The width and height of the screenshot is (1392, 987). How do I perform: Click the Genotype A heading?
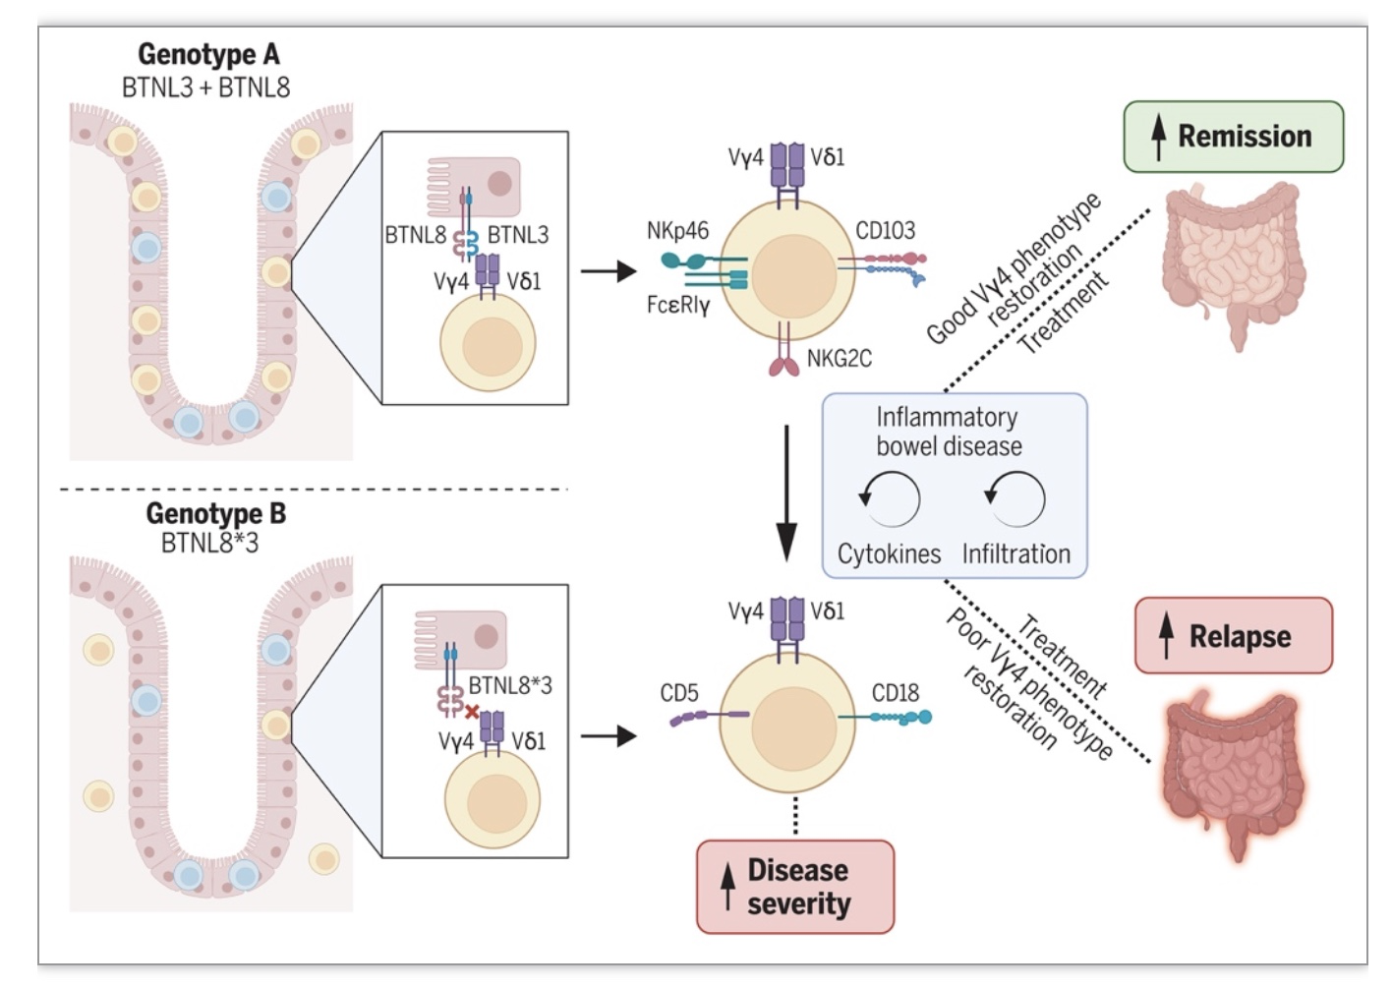208,55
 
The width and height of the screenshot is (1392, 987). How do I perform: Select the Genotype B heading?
216,513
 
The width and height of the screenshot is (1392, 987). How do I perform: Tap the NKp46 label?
677,231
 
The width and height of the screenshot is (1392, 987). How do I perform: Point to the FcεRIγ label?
678,305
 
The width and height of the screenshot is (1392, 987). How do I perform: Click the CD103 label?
885,231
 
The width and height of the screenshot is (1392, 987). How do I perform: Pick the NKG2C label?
840,359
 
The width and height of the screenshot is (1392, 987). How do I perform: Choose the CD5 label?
679,692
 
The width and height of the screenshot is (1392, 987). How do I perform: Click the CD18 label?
895,692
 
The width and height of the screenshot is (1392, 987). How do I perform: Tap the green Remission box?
1234,137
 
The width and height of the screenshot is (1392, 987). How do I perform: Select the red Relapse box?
1234,635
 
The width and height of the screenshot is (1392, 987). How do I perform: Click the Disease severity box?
795,887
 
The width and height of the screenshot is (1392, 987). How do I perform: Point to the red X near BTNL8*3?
472,713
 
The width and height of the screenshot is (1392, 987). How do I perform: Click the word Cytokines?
890,553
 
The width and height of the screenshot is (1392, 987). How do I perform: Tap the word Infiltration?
1016,553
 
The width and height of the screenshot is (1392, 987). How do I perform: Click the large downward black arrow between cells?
786,494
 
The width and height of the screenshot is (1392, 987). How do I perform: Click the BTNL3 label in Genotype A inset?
518,235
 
